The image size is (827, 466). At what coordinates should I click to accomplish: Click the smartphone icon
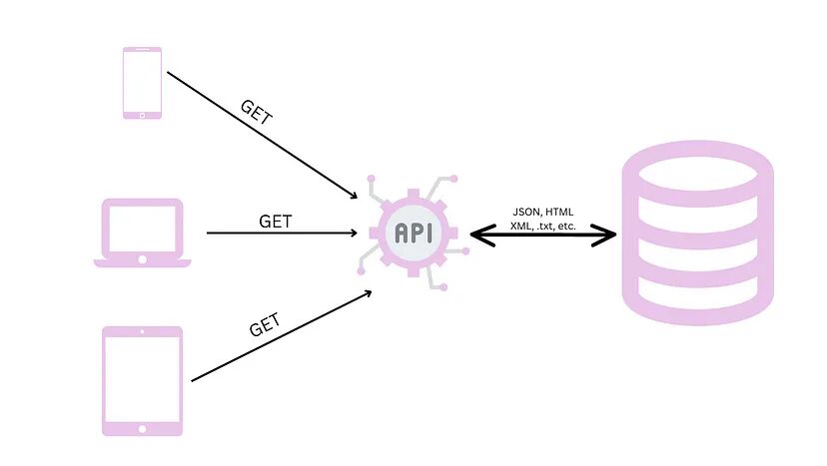pyautogui.click(x=142, y=83)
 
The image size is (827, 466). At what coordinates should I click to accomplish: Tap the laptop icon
pyautogui.click(x=142, y=233)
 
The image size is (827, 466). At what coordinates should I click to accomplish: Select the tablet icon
pyautogui.click(x=142, y=380)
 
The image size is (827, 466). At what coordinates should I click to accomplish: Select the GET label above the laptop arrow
pyautogui.click(x=275, y=221)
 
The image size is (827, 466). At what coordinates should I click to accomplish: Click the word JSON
pyautogui.click(x=526, y=212)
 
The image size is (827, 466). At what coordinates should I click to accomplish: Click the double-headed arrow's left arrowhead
pyautogui.click(x=478, y=236)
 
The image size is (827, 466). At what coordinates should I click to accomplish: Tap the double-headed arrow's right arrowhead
pyautogui.click(x=608, y=236)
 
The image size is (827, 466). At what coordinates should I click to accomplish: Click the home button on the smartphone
pyautogui.click(x=142, y=114)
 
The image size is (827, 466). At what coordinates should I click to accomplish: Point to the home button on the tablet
pyautogui.click(x=142, y=428)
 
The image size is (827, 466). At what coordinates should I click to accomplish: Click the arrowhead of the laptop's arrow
pyautogui.click(x=354, y=233)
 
